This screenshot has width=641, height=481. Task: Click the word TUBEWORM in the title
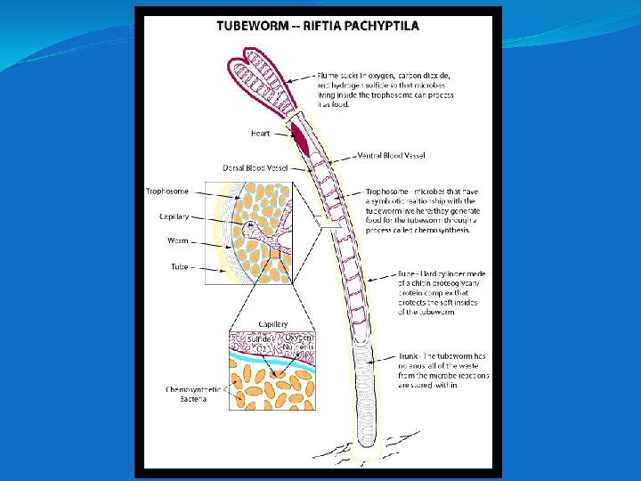251,26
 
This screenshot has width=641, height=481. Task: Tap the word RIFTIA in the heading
325,26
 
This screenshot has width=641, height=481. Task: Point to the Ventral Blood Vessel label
391,156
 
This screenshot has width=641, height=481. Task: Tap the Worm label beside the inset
178,240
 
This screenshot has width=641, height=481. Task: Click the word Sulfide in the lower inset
259,338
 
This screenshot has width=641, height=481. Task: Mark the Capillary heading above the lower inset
272,323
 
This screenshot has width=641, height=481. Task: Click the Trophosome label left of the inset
167,191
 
